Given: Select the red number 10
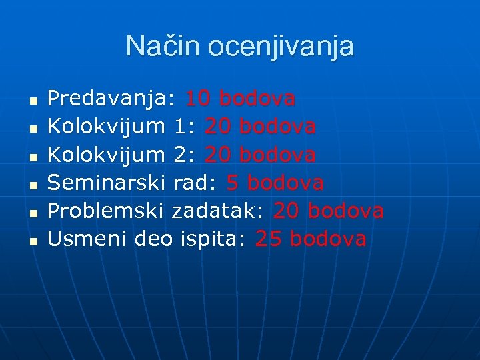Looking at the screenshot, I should pos(198,99).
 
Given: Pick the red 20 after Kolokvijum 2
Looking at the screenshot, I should pos(218,155).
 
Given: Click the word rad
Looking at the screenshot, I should pos(196,183).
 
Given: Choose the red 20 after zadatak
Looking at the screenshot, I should pos(286,211).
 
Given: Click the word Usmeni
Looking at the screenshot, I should pos(88,239).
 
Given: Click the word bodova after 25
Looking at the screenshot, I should pos(329,239).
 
